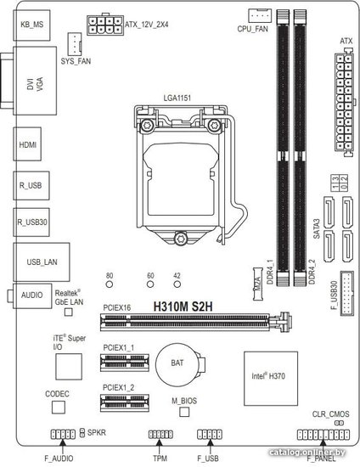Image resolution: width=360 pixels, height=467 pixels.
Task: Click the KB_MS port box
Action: pyautogui.click(x=32, y=25)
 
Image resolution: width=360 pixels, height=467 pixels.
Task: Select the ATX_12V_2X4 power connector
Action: pyautogui.click(x=105, y=25)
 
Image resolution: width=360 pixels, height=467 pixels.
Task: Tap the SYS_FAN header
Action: pyautogui.click(x=75, y=44)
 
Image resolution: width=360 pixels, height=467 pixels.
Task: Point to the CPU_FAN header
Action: pyautogui.click(x=260, y=16)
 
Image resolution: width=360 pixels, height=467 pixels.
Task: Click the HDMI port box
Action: pyautogui.click(x=27, y=144)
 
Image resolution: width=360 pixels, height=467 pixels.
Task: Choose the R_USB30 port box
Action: pyautogui.click(x=31, y=222)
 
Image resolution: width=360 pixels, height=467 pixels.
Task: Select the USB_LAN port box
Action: pyautogui.click(x=42, y=262)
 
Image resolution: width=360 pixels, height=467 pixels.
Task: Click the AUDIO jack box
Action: pyautogui.click(x=32, y=295)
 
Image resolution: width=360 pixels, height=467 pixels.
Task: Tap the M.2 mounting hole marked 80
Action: pyautogui.click(x=110, y=284)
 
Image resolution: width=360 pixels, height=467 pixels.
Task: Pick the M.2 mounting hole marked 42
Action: pyautogui.click(x=177, y=284)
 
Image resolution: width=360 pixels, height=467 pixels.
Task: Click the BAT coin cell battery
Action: pyautogui.click(x=178, y=365)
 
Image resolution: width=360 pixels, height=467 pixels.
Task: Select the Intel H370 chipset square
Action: pyautogui.click(x=271, y=378)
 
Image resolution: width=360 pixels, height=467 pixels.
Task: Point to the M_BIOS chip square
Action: pyautogui.click(x=184, y=412)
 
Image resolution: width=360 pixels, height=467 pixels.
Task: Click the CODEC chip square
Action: pyautogui.click(x=59, y=407)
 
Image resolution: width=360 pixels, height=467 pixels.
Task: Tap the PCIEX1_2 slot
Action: pyautogui.click(x=125, y=402)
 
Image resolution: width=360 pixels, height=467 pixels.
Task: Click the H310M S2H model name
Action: pyautogui.click(x=183, y=307)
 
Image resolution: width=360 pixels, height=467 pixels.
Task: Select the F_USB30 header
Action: pyautogui.click(x=347, y=293)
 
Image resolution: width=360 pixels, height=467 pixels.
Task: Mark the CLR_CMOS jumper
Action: pyautogui.click(x=339, y=423)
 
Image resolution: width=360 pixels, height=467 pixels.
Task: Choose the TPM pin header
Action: pyautogui.click(x=160, y=434)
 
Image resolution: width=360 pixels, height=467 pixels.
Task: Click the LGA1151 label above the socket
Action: pyautogui.click(x=177, y=98)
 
